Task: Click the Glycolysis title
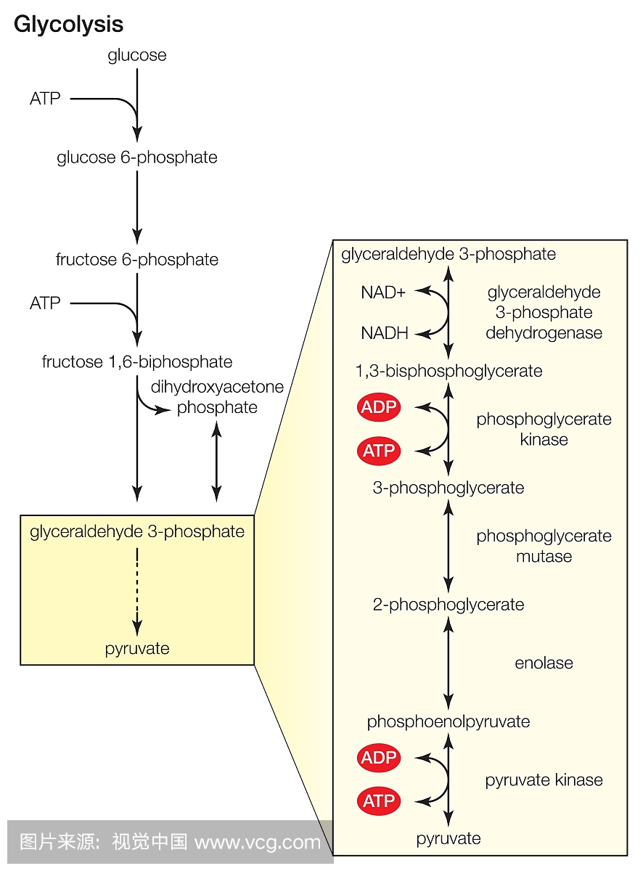point(68,25)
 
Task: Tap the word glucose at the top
point(137,55)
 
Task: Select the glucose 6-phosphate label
point(137,158)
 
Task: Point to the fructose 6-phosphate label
point(137,260)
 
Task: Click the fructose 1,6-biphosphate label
point(137,361)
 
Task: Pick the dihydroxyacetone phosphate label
point(217,397)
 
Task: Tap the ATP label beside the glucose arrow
point(45,99)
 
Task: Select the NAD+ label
point(383,293)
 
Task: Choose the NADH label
point(385,334)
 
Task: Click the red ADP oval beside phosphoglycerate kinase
point(379,407)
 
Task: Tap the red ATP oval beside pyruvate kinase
point(379,801)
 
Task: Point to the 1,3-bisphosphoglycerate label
point(449,371)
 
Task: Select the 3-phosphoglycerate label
point(449,488)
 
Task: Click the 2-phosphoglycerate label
point(449,605)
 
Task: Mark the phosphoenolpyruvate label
point(449,721)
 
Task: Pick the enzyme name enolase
point(544,663)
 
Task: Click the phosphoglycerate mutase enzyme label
point(544,546)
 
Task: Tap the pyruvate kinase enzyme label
point(544,780)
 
